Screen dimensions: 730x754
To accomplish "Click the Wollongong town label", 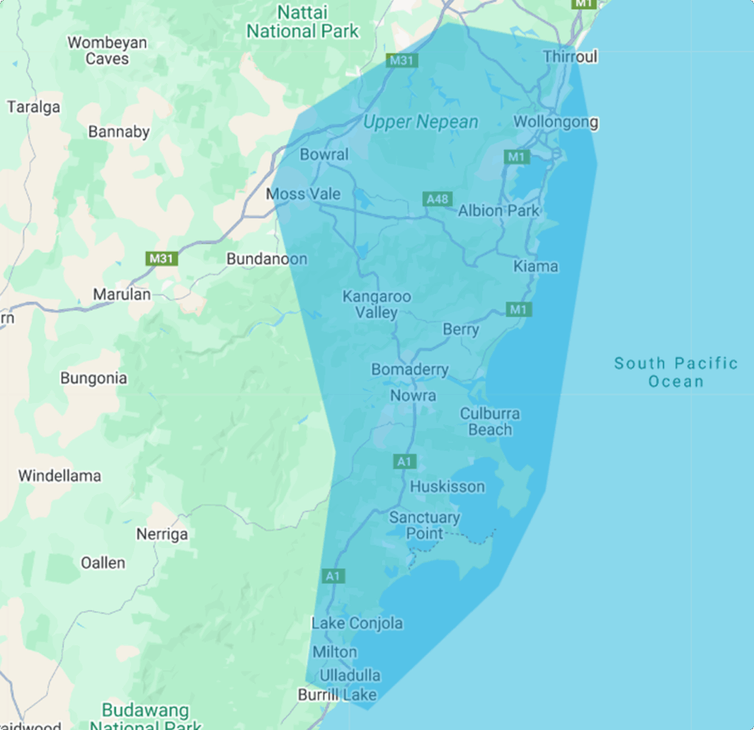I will coord(555,122).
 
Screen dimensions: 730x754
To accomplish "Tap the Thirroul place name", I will coord(570,57).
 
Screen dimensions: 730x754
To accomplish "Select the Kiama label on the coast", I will coord(535,266).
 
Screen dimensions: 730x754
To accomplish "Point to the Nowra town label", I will coord(412,396).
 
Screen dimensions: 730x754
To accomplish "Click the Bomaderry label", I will coord(409,369).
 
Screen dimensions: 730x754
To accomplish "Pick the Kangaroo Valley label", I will coord(377,304).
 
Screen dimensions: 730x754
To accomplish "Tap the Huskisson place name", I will coord(447,486).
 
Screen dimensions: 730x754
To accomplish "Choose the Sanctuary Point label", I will coord(424,525).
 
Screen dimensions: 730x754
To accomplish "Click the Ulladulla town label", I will coord(350,675).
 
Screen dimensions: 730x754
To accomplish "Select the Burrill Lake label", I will coord(337,695).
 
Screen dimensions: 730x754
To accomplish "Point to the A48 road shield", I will coord(437,199).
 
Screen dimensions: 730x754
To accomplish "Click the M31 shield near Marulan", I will coord(161,259).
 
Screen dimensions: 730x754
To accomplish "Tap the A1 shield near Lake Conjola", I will coord(333,575).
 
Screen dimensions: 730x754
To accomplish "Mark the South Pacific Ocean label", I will coord(676,372).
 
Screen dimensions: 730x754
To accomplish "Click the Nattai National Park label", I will coord(302,22).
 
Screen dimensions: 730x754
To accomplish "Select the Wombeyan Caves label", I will coord(107,51).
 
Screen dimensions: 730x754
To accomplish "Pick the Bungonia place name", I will coord(94,378).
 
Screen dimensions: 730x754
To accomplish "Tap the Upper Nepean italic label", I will coord(420,122).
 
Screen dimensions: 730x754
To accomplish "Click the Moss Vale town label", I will coord(303,194).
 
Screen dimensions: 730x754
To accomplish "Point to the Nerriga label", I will coord(161,534).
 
